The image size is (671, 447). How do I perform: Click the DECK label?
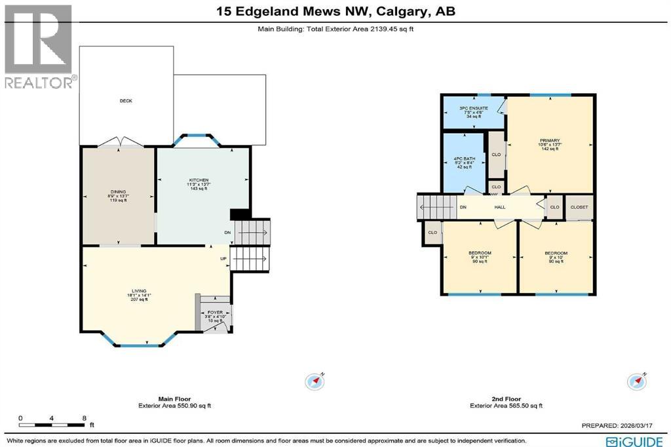[x=126, y=101]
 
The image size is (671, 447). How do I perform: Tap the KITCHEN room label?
[x=199, y=180]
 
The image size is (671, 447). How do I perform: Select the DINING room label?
[x=119, y=192]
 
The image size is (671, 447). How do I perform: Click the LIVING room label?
[x=138, y=290]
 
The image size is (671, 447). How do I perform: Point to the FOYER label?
[x=215, y=313]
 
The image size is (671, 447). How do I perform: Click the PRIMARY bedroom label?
[x=550, y=140]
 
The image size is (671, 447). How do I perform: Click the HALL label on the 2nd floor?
[x=500, y=207]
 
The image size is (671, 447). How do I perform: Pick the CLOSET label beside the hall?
[x=579, y=207]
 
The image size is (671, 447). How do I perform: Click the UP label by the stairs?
[x=223, y=258]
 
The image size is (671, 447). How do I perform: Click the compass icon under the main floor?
[x=315, y=381]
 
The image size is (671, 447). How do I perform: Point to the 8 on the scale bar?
[x=85, y=418]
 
